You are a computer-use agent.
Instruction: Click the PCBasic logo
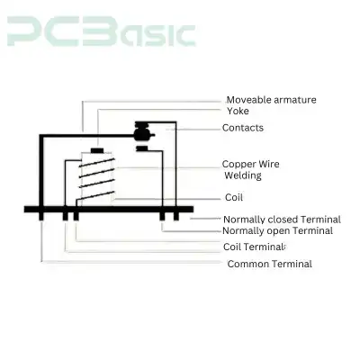(102, 31)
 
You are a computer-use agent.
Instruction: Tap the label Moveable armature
(271, 100)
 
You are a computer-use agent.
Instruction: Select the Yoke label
(238, 111)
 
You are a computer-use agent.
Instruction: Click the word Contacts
(243, 128)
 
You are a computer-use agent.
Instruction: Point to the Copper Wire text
(250, 164)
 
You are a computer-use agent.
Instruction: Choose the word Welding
(243, 175)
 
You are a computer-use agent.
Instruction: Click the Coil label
(234, 197)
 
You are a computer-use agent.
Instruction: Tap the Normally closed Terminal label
(282, 220)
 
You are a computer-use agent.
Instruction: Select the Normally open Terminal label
(277, 230)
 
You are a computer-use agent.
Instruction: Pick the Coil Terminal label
(254, 247)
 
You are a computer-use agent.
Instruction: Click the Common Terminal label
(270, 264)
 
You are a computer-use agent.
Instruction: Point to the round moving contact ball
(141, 135)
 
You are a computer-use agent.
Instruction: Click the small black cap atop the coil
(97, 150)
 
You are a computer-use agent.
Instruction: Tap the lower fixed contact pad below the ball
(142, 148)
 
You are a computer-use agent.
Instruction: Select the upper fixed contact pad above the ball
(141, 124)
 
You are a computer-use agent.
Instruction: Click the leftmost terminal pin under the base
(41, 216)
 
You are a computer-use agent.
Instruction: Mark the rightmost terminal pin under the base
(176, 216)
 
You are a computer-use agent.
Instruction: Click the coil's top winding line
(96, 162)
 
